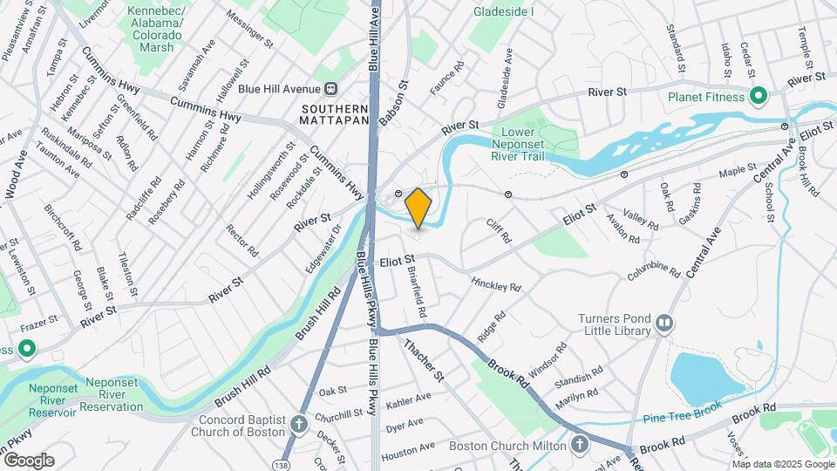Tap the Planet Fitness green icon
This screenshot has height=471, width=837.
pos(759,96)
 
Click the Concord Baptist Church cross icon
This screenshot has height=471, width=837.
pos(299,424)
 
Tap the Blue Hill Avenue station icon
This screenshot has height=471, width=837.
pos(331,88)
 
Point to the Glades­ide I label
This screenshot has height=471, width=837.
pos(504,12)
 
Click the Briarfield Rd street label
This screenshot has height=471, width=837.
pos(417,291)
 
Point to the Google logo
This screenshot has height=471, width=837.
pos(28,460)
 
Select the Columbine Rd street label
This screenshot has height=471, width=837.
pos(653,271)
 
